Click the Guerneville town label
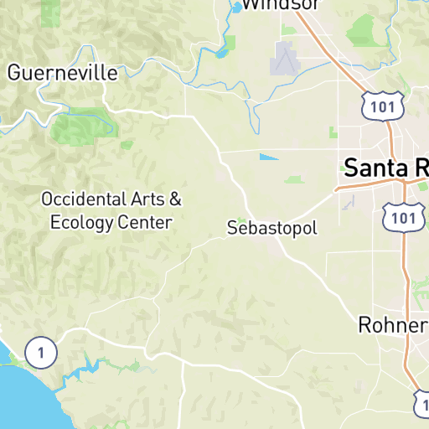63,73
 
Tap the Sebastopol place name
272,228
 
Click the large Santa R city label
386,167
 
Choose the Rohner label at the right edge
392,324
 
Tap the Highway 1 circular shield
39,352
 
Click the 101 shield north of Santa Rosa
384,105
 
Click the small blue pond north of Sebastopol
269,157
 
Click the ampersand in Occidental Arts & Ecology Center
175,199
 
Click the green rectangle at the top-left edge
51,11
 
